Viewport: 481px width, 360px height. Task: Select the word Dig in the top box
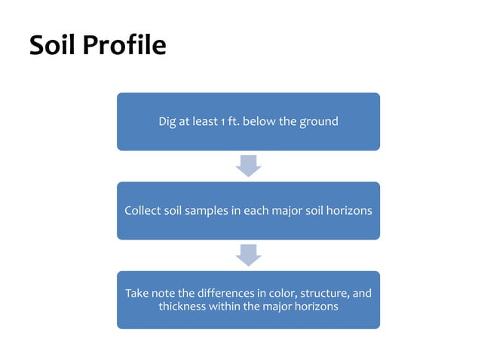(167, 121)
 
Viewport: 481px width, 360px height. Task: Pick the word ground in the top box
(319, 122)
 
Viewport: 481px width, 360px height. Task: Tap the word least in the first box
(203, 121)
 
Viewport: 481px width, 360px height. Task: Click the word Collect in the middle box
(142, 211)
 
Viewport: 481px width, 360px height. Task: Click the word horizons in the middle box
(348, 211)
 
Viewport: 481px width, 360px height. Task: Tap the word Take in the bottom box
(137, 293)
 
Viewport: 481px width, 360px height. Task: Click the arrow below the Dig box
(248, 166)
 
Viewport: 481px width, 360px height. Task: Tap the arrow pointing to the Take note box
(248, 255)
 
